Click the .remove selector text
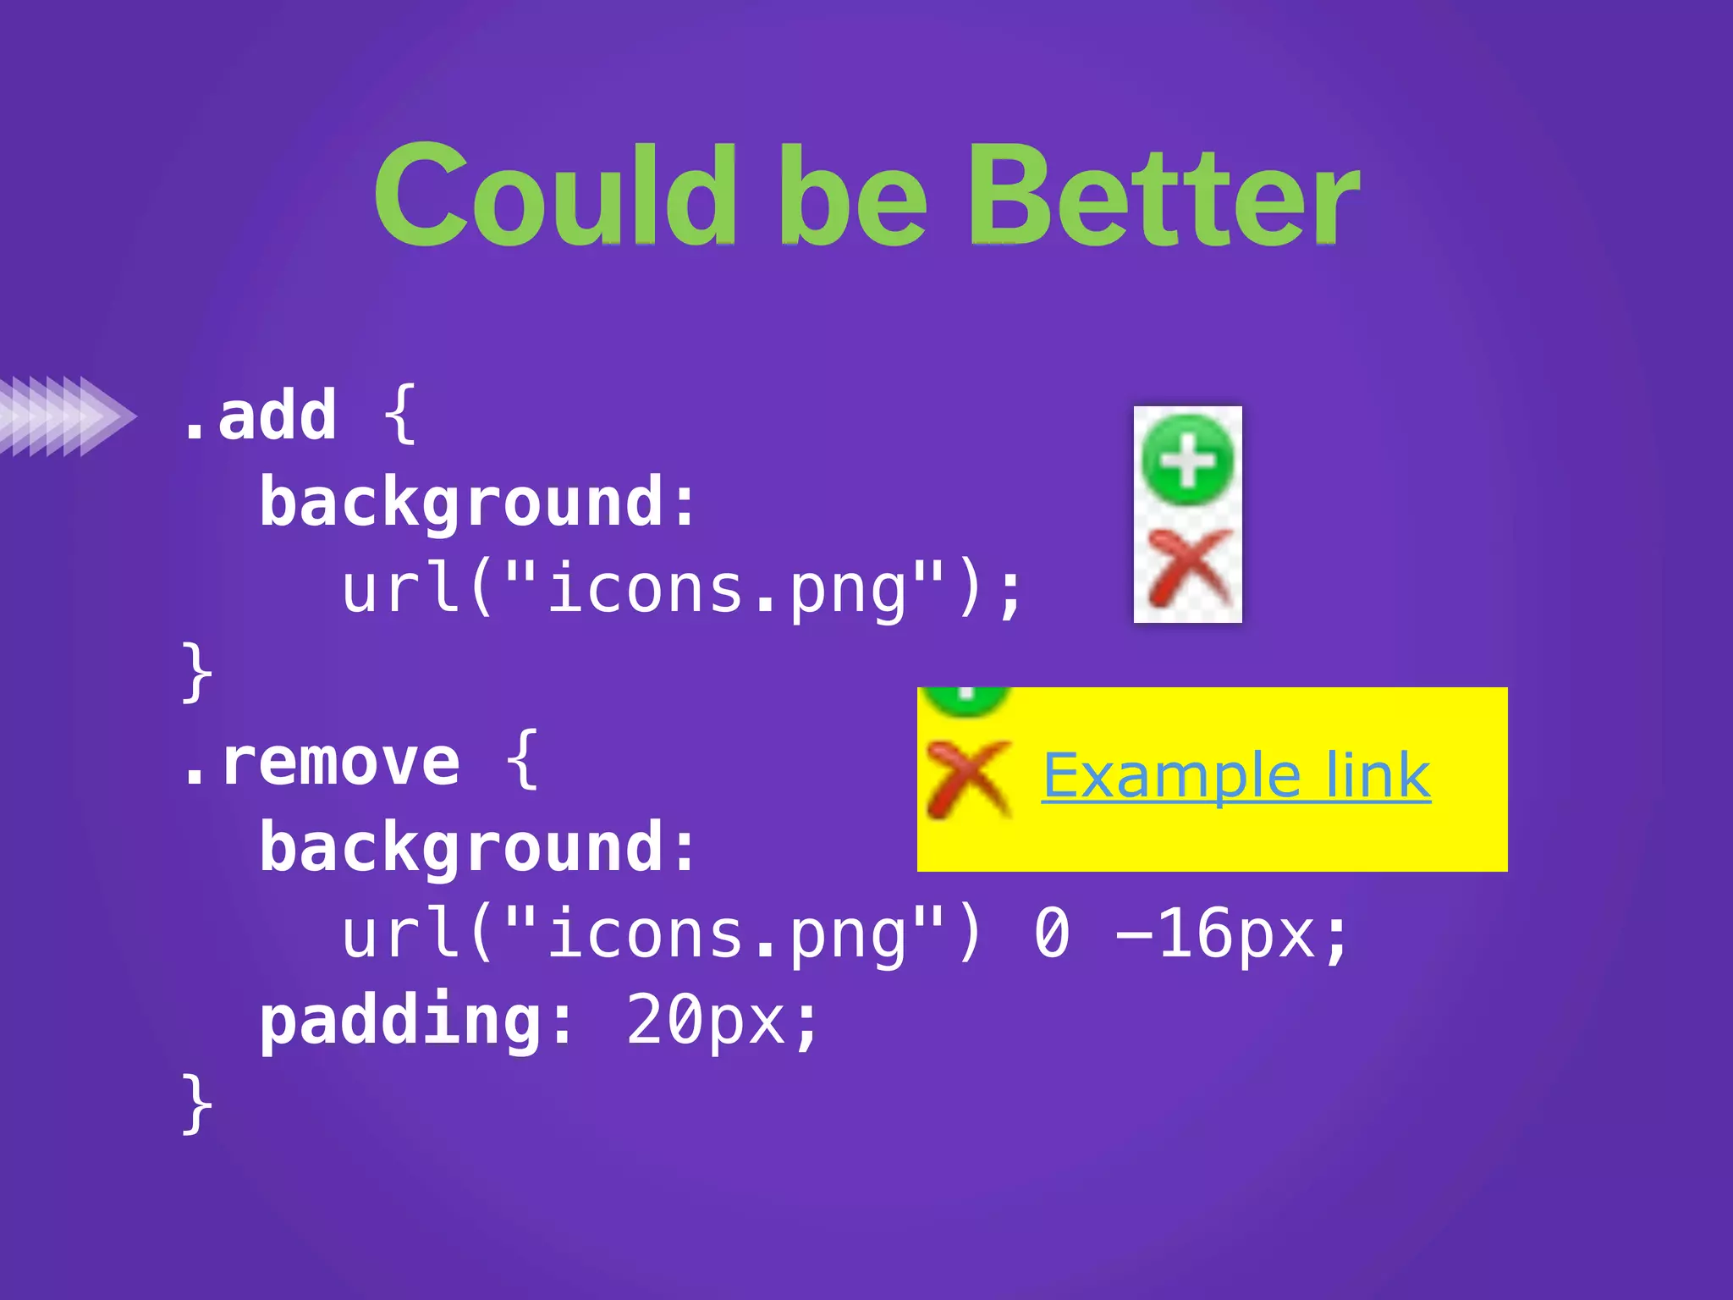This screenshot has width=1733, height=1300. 322,763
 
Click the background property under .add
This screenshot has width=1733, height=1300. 477,503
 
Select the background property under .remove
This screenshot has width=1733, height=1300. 477,848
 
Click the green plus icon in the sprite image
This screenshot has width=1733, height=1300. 1187,460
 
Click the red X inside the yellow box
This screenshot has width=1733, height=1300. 967,777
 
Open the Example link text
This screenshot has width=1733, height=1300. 1235,775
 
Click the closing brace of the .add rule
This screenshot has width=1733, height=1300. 197,672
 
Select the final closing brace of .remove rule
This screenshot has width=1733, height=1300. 197,1103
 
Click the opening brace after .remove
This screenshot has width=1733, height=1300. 523,759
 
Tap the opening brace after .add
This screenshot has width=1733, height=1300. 400,414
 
